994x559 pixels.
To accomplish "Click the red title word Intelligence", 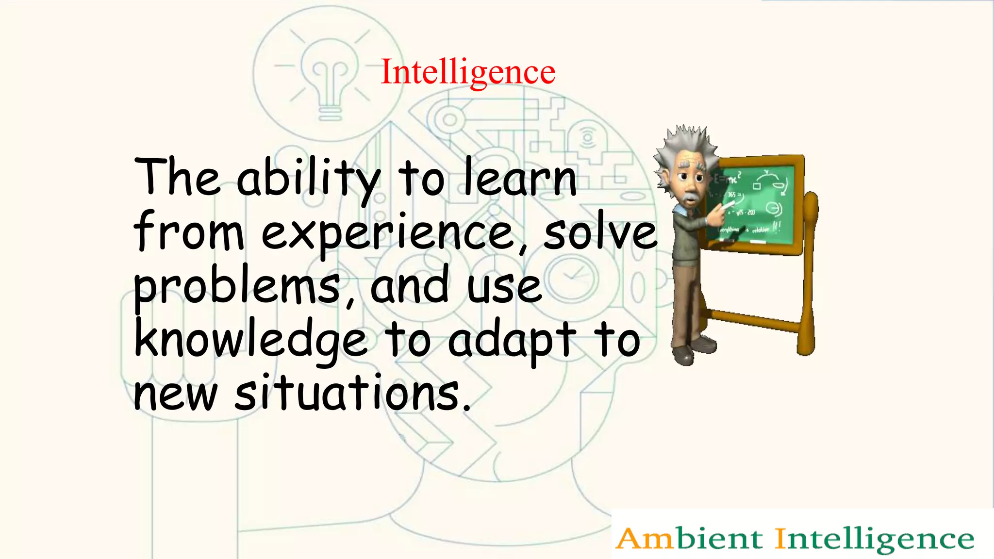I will (x=468, y=72).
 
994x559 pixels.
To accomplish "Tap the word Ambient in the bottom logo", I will (x=689, y=539).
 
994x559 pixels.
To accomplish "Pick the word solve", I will (x=600, y=233).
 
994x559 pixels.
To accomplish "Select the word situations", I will (x=347, y=393).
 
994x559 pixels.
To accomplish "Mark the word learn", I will (x=520, y=179).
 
